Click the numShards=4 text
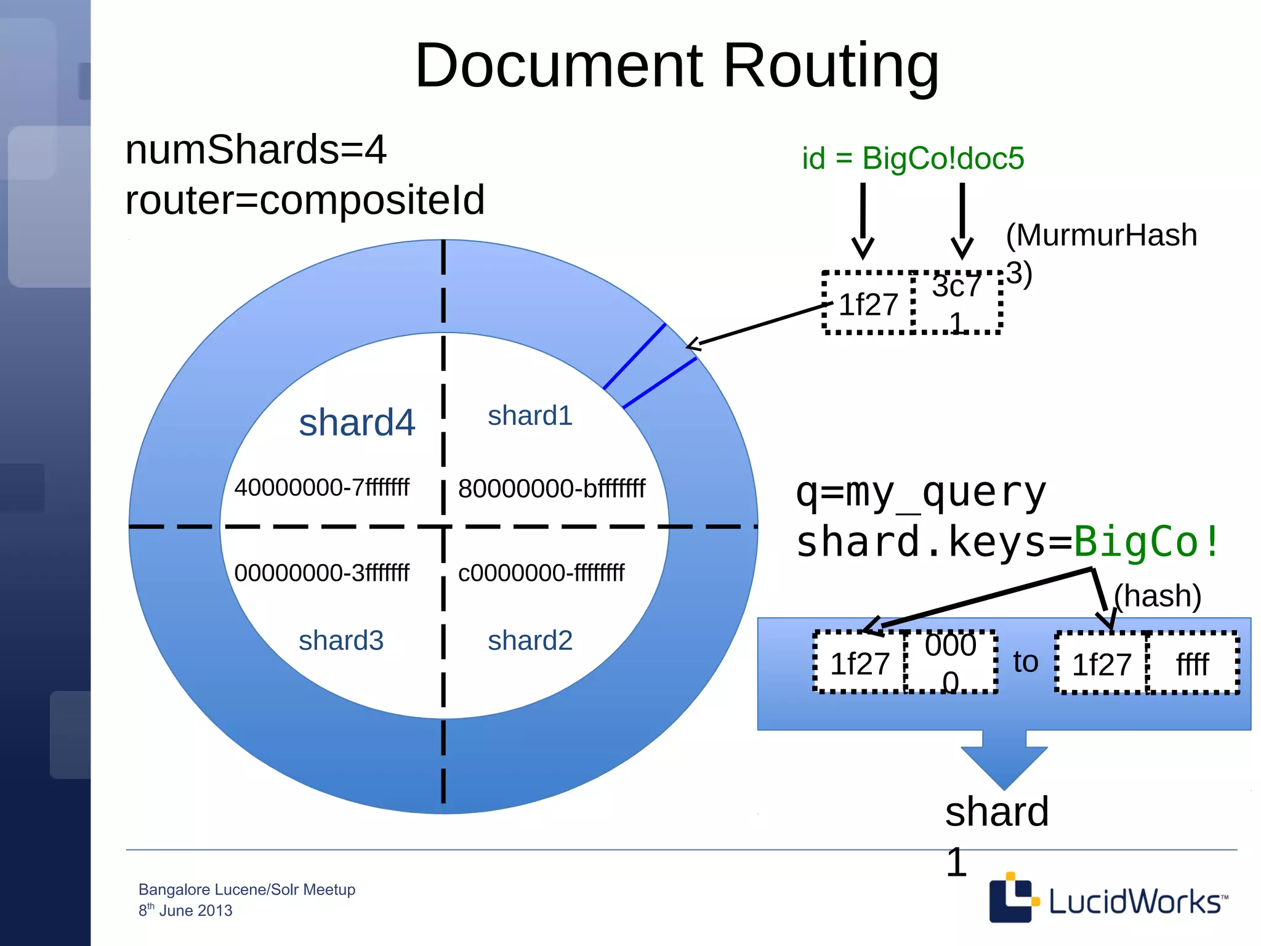(x=256, y=150)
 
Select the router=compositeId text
(x=305, y=200)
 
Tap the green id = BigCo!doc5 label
(x=913, y=158)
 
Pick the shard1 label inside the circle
(x=530, y=416)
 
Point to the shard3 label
(x=340, y=641)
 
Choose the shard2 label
(x=530, y=641)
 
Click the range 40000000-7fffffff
(x=321, y=488)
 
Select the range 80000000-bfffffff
(x=551, y=489)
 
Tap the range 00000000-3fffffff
(x=321, y=573)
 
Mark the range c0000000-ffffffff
(x=541, y=573)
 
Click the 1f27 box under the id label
(x=868, y=304)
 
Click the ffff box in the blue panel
(x=1192, y=664)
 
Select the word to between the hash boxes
(x=1026, y=662)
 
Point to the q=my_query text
(x=921, y=493)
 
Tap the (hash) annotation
(x=1158, y=596)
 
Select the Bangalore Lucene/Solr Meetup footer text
(x=246, y=889)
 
